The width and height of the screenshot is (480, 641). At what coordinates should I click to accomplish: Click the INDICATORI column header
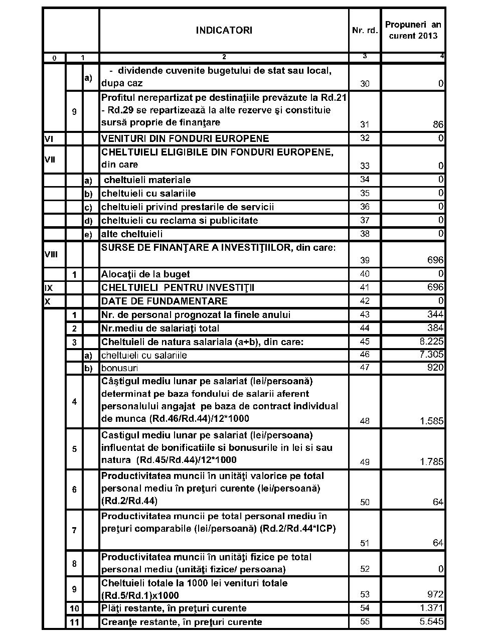coord(224,30)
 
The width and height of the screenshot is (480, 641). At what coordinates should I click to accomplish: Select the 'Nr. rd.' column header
coord(365,30)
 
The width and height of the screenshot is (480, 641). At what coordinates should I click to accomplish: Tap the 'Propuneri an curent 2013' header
coord(413,30)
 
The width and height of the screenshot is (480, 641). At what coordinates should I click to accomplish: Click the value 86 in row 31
coord(438,124)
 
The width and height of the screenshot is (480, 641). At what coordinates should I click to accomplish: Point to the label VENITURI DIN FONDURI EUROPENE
coord(185,138)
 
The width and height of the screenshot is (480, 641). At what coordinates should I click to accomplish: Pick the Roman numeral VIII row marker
coord(51,254)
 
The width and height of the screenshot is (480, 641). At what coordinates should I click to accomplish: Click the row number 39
coord(365,260)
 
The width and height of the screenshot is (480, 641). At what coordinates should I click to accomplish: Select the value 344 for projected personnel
coord(435,314)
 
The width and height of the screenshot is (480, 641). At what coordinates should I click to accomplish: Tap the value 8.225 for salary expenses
coord(432,342)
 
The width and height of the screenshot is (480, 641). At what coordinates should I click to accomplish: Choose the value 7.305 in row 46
coord(432,355)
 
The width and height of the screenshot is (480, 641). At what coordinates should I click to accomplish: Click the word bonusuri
coord(119,368)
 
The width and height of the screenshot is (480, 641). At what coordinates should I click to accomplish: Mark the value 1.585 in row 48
coord(432,421)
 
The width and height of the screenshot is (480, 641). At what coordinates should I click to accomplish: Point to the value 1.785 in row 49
coord(432,462)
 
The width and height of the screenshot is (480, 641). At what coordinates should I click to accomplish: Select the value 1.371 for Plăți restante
coord(432,608)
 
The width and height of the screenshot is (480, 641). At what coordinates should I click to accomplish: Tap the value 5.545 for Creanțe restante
coord(432,622)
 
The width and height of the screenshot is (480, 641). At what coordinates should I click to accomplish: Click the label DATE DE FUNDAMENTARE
coord(165,301)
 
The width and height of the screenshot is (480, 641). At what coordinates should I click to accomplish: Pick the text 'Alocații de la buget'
coord(145,274)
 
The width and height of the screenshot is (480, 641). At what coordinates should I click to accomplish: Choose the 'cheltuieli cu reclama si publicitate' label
coord(180,220)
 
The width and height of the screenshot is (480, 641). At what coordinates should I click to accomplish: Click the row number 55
coord(365,622)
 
